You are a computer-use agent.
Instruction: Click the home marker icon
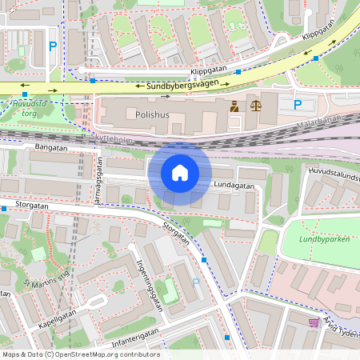[x=180, y=173]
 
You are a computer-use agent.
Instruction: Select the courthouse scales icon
[x=255, y=105]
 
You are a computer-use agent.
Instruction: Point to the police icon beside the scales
[x=234, y=105]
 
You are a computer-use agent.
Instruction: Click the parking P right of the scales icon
[x=298, y=105]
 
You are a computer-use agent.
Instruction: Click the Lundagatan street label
[x=234, y=186]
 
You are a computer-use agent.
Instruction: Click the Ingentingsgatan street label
[x=150, y=284]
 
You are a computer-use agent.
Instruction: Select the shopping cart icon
[x=313, y=322]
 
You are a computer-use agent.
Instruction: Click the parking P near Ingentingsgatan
[x=196, y=282]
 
